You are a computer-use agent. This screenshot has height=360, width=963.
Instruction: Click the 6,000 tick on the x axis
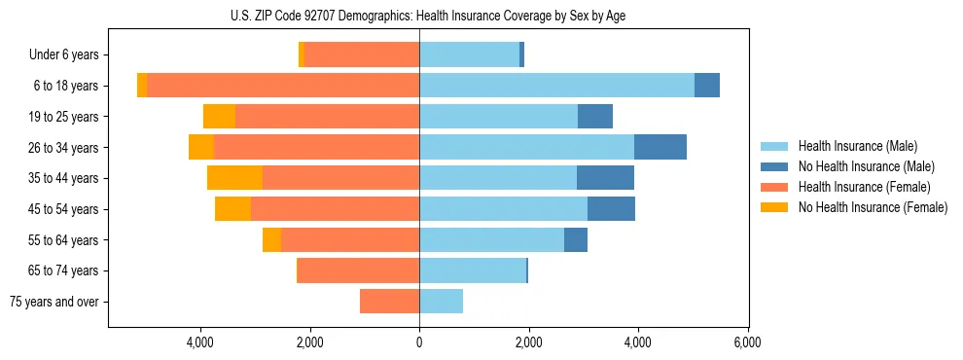click(747, 342)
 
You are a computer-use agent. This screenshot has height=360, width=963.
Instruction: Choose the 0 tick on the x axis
click(419, 342)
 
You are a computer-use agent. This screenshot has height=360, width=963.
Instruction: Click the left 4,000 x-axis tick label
click(200, 342)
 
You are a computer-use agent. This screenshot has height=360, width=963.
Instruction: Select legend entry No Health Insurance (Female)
click(873, 207)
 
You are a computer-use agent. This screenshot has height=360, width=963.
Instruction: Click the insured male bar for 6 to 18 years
click(556, 86)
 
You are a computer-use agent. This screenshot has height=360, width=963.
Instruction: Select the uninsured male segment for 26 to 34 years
click(660, 147)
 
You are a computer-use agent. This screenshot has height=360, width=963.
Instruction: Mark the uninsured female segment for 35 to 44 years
click(234, 178)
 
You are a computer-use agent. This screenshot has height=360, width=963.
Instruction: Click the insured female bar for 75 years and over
click(389, 302)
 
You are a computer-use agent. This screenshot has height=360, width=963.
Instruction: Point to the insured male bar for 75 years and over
click(441, 302)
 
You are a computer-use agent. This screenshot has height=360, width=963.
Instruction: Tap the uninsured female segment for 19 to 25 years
click(219, 117)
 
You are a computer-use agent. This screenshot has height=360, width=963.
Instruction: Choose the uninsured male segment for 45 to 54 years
click(611, 209)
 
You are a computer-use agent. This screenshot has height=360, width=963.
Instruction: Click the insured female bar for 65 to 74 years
click(358, 270)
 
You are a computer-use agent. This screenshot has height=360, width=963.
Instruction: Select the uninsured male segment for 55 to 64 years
click(576, 239)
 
